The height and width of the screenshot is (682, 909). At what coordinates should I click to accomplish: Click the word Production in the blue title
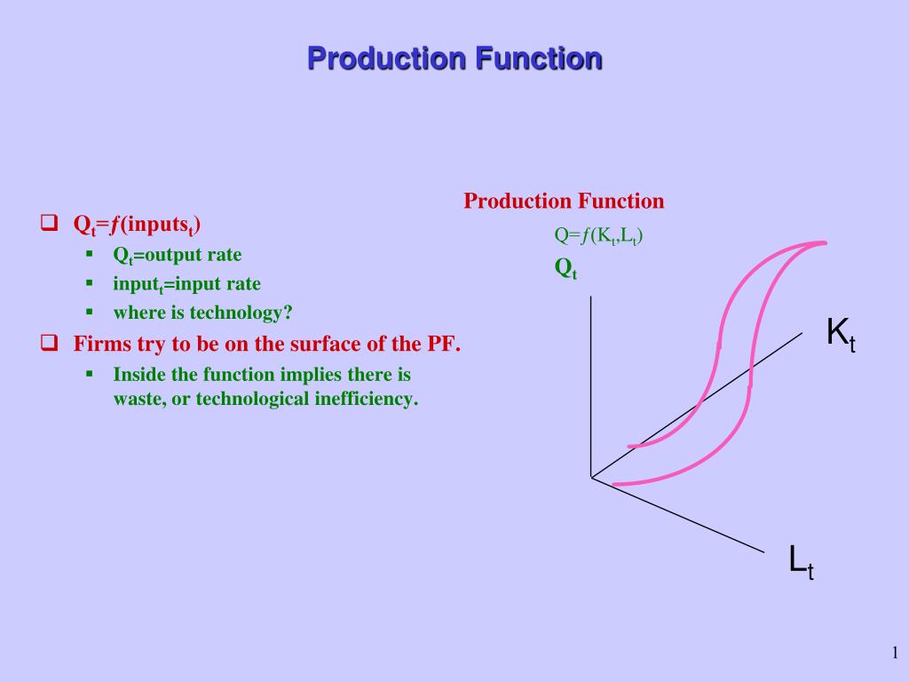(387, 59)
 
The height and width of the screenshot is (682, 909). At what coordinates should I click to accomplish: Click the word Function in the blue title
(539, 59)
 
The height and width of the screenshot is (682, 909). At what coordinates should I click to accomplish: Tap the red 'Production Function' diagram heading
(564, 202)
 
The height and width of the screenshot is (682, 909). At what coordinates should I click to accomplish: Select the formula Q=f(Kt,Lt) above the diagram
(598, 236)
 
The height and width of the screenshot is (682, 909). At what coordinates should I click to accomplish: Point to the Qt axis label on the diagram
(565, 268)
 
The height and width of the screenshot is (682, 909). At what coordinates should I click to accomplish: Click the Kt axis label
(841, 335)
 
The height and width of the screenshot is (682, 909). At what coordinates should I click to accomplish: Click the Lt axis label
(802, 562)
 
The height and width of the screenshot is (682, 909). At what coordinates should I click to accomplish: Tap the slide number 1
(895, 653)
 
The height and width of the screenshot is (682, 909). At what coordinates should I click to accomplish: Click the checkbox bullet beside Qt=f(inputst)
(50, 223)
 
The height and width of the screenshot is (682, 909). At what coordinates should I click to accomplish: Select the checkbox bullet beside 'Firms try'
(50, 343)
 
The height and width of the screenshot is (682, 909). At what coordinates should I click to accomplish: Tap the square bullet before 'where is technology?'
(90, 312)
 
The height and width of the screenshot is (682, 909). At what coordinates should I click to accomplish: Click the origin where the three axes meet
(590, 477)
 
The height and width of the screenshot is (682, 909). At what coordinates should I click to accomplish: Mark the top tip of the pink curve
(825, 243)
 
